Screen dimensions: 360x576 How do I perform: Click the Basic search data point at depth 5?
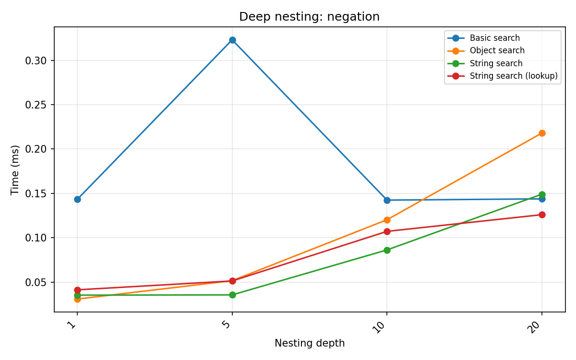point(232,40)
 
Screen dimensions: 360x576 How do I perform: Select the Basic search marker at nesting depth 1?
point(77,199)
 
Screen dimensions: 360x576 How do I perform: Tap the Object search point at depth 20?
point(542,133)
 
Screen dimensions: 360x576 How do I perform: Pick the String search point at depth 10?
point(387,250)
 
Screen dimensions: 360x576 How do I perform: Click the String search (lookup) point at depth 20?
point(542,215)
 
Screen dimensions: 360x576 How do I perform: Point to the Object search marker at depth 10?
point(387,220)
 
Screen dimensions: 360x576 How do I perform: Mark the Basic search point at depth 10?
point(387,200)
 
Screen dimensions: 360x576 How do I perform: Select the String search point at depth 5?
point(232,295)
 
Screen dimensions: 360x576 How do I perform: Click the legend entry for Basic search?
point(494,38)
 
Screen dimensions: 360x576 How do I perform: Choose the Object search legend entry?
point(497,50)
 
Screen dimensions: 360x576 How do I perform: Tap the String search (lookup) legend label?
point(513,76)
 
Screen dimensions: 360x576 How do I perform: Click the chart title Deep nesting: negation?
point(309,17)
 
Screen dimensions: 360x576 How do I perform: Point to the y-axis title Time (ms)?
point(15,169)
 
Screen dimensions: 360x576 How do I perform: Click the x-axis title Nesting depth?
point(309,343)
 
